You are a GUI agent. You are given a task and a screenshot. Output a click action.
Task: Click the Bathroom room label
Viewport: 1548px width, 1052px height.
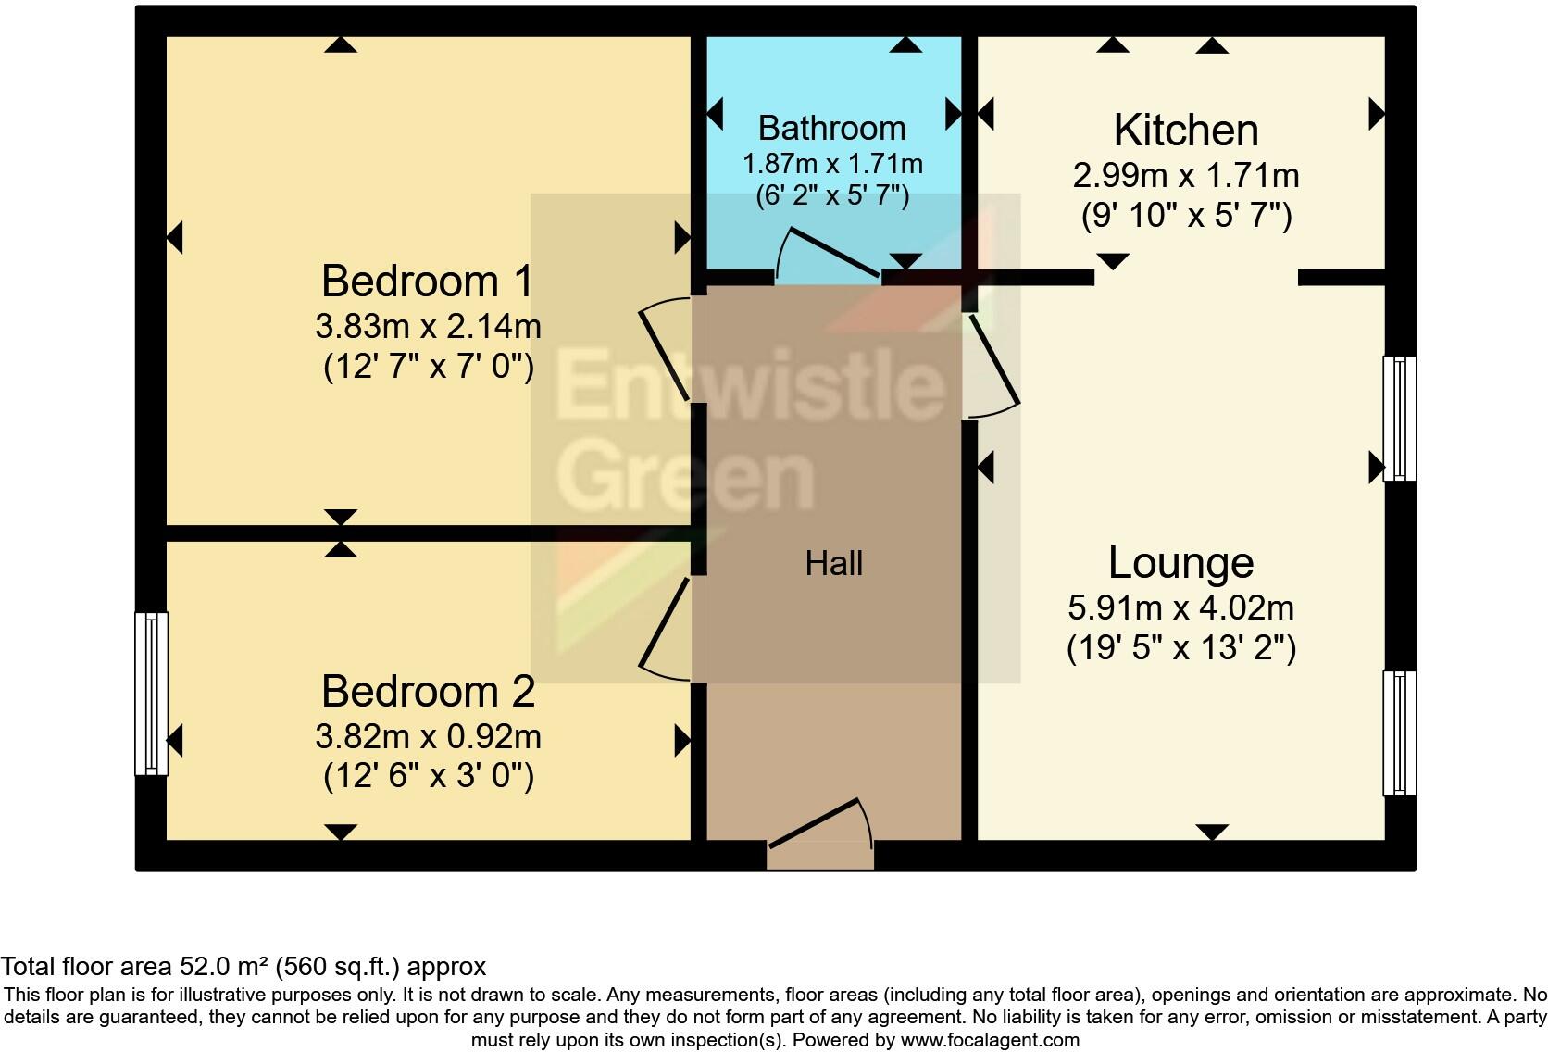click(x=831, y=128)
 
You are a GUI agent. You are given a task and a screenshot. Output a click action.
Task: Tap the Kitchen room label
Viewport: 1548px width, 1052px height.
click(x=1186, y=131)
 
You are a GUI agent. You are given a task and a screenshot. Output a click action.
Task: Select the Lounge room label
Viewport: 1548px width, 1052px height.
click(x=1180, y=563)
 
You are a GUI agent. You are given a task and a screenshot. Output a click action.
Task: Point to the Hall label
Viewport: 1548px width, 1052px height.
click(x=833, y=563)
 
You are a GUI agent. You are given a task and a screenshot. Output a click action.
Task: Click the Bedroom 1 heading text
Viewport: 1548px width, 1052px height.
click(x=428, y=282)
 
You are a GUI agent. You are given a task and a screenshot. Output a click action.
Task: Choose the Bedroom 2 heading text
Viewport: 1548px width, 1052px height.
click(x=428, y=692)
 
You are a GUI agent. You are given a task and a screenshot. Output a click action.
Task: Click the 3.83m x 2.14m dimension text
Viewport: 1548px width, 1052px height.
click(x=428, y=326)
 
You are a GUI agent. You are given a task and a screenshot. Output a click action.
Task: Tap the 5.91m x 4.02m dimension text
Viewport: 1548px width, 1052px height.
click(x=1180, y=607)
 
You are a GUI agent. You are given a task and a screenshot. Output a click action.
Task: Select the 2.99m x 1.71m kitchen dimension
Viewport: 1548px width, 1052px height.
click(x=1186, y=175)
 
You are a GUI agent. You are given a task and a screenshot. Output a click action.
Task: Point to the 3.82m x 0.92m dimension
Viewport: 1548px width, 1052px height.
click(x=428, y=736)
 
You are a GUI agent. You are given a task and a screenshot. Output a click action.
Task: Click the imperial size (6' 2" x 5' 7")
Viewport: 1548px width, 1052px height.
click(x=831, y=196)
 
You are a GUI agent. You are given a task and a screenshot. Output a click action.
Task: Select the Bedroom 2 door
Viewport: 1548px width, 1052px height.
click(x=665, y=630)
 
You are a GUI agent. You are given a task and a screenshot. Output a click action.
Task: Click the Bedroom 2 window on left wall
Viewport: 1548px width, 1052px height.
click(x=152, y=693)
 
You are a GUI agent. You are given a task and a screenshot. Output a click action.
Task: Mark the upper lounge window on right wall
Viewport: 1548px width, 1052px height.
click(x=1399, y=418)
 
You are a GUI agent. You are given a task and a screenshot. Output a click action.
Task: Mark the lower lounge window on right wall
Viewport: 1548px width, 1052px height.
click(x=1399, y=733)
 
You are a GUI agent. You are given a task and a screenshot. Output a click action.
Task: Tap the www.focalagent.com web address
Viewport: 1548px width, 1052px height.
click(x=990, y=1040)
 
